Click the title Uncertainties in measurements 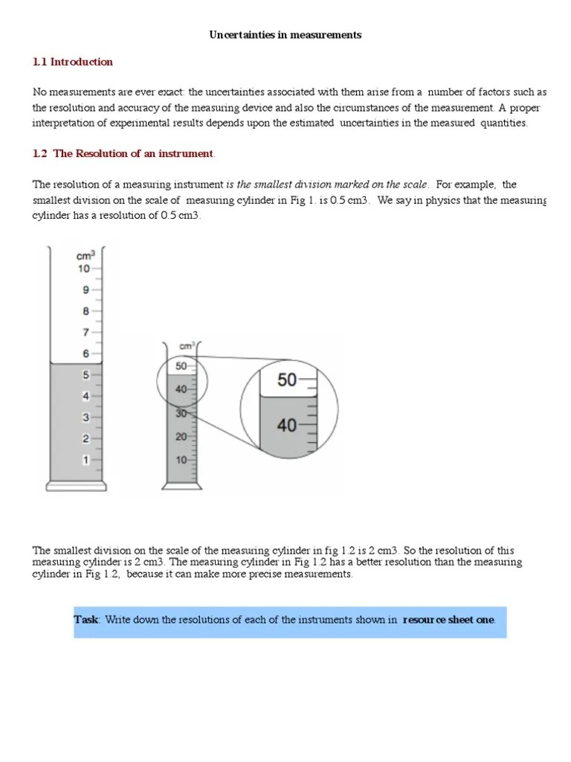(x=285, y=35)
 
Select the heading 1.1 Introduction (x=73, y=62)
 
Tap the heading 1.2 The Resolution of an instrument (x=123, y=154)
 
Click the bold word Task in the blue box (x=86, y=620)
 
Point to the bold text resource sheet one (x=448, y=620)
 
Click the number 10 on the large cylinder (x=84, y=269)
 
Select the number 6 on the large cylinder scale (x=86, y=354)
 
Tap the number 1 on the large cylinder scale (x=86, y=461)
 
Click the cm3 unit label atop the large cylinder (x=86, y=254)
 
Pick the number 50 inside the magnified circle (x=287, y=380)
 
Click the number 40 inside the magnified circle (x=287, y=426)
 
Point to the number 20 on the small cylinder (x=181, y=437)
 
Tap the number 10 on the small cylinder (x=181, y=460)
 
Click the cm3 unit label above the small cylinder (x=187, y=346)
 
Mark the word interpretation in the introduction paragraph (x=63, y=124)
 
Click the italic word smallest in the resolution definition (x=280, y=185)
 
